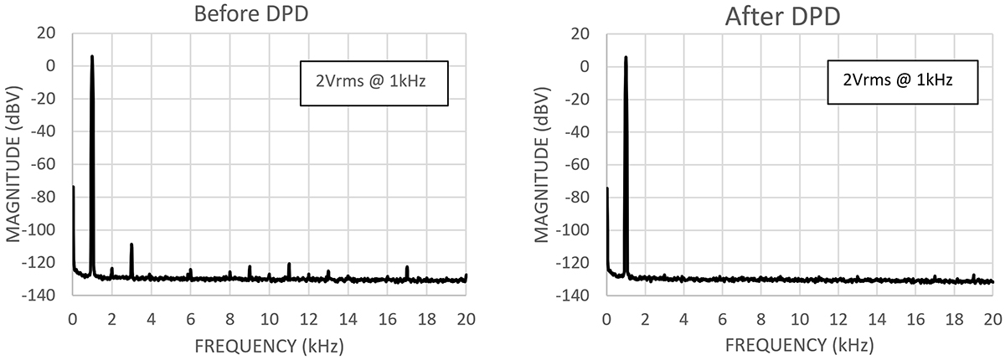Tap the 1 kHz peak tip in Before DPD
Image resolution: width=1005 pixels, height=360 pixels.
[x=92, y=57]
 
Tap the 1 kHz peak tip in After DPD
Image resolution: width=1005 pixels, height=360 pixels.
[x=626, y=58]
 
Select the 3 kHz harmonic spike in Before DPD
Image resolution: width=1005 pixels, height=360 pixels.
[x=131, y=244]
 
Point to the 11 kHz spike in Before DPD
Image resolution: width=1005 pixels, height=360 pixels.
[x=289, y=265]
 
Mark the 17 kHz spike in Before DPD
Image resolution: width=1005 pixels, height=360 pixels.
[x=407, y=267]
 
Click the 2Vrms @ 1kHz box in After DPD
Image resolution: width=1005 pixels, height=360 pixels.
[x=899, y=81]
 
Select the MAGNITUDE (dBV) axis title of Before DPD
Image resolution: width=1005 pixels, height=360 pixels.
[x=14, y=164]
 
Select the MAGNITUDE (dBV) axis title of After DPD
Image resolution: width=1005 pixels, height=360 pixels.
[x=547, y=164]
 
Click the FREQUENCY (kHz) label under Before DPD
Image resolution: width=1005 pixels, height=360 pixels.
[x=268, y=345]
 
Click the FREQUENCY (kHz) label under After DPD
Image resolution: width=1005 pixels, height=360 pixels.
[x=799, y=345]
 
